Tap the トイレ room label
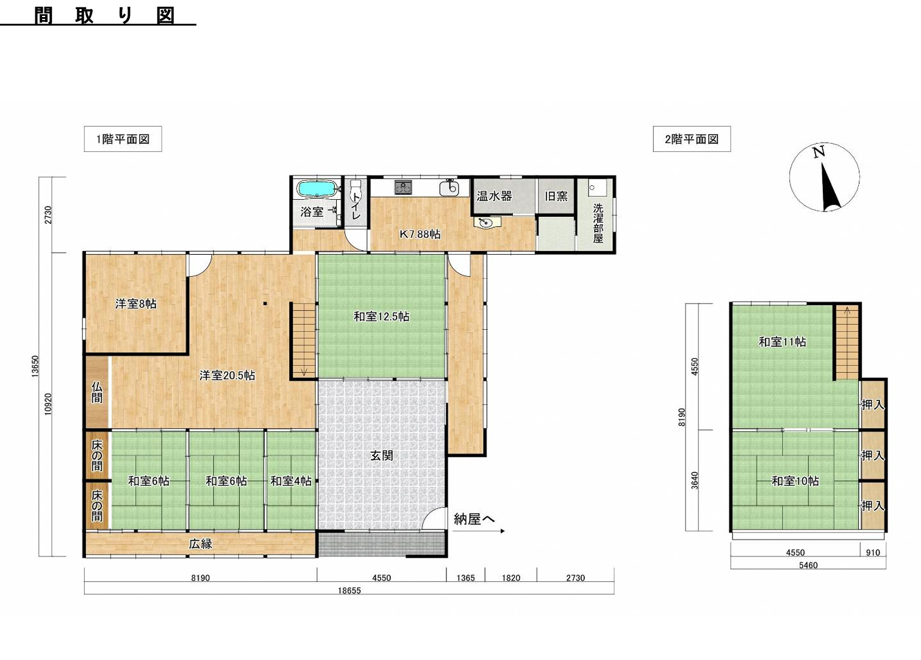[356, 206]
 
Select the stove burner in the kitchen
[403, 188]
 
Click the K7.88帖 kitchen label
[420, 234]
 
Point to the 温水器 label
[494, 196]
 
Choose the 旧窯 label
[556, 196]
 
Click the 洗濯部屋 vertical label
[598, 223]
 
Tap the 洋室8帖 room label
[135, 304]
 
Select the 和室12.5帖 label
[381, 316]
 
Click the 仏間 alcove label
[96, 392]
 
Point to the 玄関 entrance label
[382, 455]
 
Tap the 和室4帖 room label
[291, 480]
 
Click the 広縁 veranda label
[201, 544]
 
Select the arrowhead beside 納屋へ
[503, 531]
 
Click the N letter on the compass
[819, 152]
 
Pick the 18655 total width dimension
[349, 591]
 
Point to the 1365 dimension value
[465, 578]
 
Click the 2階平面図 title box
[692, 139]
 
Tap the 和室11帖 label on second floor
[782, 342]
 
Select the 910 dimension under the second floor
[873, 552]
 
